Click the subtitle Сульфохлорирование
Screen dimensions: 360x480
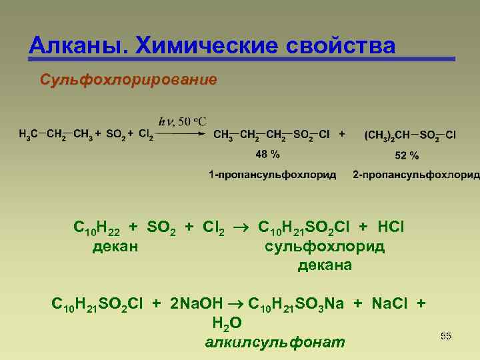pos(128,81)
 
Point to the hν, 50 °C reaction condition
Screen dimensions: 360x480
pos(182,121)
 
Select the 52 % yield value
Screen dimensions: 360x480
pos(407,155)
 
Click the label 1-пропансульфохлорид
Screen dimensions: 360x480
pos(272,175)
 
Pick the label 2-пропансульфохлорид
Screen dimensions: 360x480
pos(416,175)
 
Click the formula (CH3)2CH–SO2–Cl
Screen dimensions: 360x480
pos(410,135)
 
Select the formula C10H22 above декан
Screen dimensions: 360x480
pos(97,228)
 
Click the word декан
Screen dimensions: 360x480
pos(115,247)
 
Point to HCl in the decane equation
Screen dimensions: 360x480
pos(390,227)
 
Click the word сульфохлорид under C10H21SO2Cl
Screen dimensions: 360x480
pos(325,247)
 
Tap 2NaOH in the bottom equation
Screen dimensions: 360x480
pos(195,304)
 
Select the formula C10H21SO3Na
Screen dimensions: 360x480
pos(295,304)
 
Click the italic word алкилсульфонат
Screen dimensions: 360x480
pos(275,343)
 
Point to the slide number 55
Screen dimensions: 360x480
pos(446,336)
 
